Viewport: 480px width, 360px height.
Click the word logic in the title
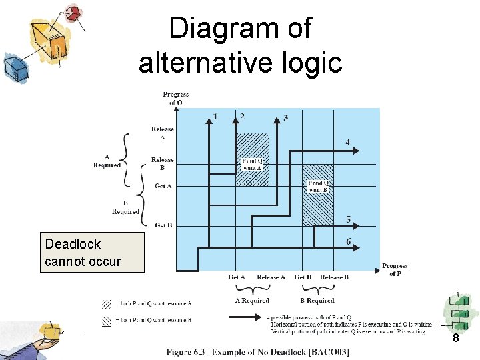(309, 63)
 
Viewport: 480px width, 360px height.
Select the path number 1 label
(214, 117)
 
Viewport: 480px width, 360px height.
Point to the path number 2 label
(242, 117)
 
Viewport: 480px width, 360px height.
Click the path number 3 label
(286, 118)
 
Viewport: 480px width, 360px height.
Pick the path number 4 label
(347, 142)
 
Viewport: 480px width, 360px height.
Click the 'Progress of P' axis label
(395, 270)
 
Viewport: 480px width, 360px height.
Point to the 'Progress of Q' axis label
(175, 98)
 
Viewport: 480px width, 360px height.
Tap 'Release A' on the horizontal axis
(271, 277)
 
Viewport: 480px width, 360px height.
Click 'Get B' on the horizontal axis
(303, 277)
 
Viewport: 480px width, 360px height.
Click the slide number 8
(455, 339)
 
